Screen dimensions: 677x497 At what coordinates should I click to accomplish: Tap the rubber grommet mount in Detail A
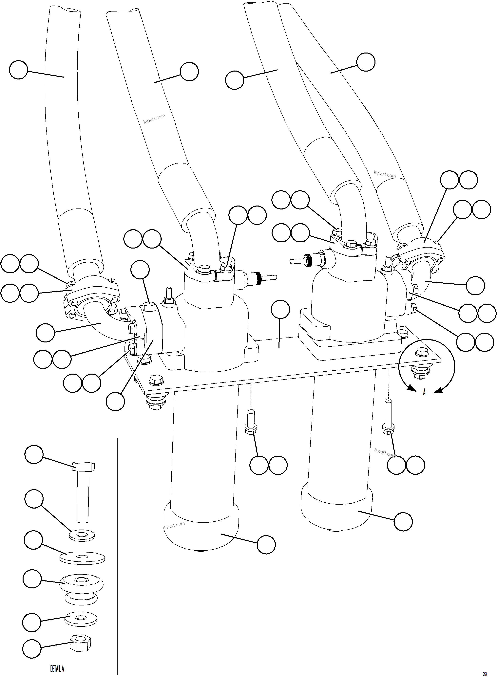tap(82, 586)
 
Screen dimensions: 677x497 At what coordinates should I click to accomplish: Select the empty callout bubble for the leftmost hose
tap(18, 70)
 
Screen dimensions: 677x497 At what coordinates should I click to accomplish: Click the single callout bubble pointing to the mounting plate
tap(280, 309)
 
